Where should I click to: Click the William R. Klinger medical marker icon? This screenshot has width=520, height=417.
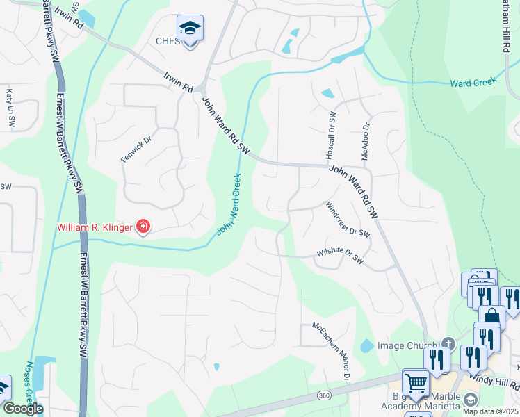[x=144, y=226]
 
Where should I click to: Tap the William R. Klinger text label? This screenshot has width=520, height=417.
[x=96, y=227]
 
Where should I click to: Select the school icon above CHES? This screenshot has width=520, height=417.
[x=190, y=29]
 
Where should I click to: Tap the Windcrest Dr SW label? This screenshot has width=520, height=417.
[x=348, y=219]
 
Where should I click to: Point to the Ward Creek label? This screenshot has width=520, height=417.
[x=471, y=83]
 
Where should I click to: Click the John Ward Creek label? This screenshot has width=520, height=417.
[x=233, y=204]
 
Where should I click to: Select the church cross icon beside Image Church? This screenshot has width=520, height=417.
[x=448, y=345]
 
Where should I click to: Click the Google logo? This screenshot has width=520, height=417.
[x=22, y=409]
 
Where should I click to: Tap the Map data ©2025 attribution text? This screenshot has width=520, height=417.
[x=489, y=411]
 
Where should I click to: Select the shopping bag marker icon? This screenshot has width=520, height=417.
[x=491, y=318]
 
